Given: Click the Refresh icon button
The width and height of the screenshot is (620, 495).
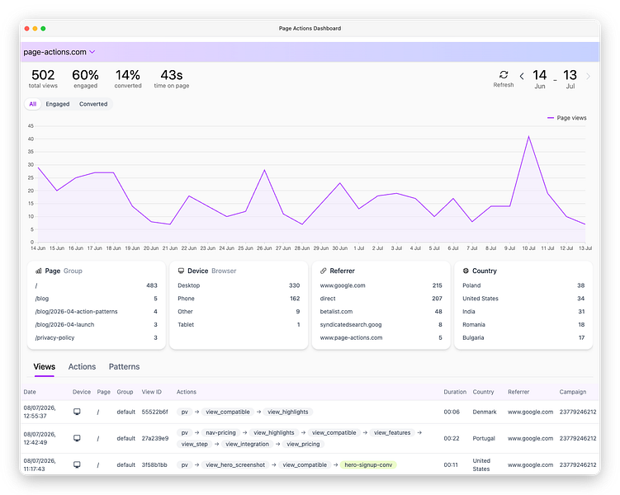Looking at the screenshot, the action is [504, 75].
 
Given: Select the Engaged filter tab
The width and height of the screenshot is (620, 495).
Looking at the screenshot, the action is [58, 104].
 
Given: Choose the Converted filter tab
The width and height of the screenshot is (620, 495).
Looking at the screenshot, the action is [93, 104].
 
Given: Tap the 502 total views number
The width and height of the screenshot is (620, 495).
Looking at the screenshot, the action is [43, 75].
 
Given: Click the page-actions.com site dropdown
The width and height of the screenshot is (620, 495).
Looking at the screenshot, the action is [59, 52].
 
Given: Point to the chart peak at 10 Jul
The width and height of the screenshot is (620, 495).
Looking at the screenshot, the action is [528, 137].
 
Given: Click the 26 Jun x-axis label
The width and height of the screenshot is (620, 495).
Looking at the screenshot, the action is [264, 248].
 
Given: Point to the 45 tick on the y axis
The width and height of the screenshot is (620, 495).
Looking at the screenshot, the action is [31, 126].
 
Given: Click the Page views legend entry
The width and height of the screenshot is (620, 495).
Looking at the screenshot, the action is [566, 118].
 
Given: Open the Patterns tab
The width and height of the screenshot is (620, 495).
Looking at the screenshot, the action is [124, 366].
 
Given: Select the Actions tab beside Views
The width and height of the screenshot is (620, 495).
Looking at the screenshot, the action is [82, 366].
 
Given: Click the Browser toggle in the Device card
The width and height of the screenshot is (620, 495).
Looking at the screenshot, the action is [224, 271].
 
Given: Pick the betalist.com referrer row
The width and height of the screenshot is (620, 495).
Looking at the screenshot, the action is [336, 311].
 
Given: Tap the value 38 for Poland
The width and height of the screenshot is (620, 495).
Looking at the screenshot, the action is [581, 285].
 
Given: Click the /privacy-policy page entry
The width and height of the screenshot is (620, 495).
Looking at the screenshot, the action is [54, 337].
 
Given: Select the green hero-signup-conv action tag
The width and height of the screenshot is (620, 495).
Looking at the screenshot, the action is [368, 465].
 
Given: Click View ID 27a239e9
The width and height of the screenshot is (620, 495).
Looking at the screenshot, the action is [155, 438].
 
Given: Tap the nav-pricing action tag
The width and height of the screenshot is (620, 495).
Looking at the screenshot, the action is [220, 432].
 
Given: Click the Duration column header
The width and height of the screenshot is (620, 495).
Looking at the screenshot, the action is [455, 392].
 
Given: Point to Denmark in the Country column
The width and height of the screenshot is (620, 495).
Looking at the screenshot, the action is [485, 412].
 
